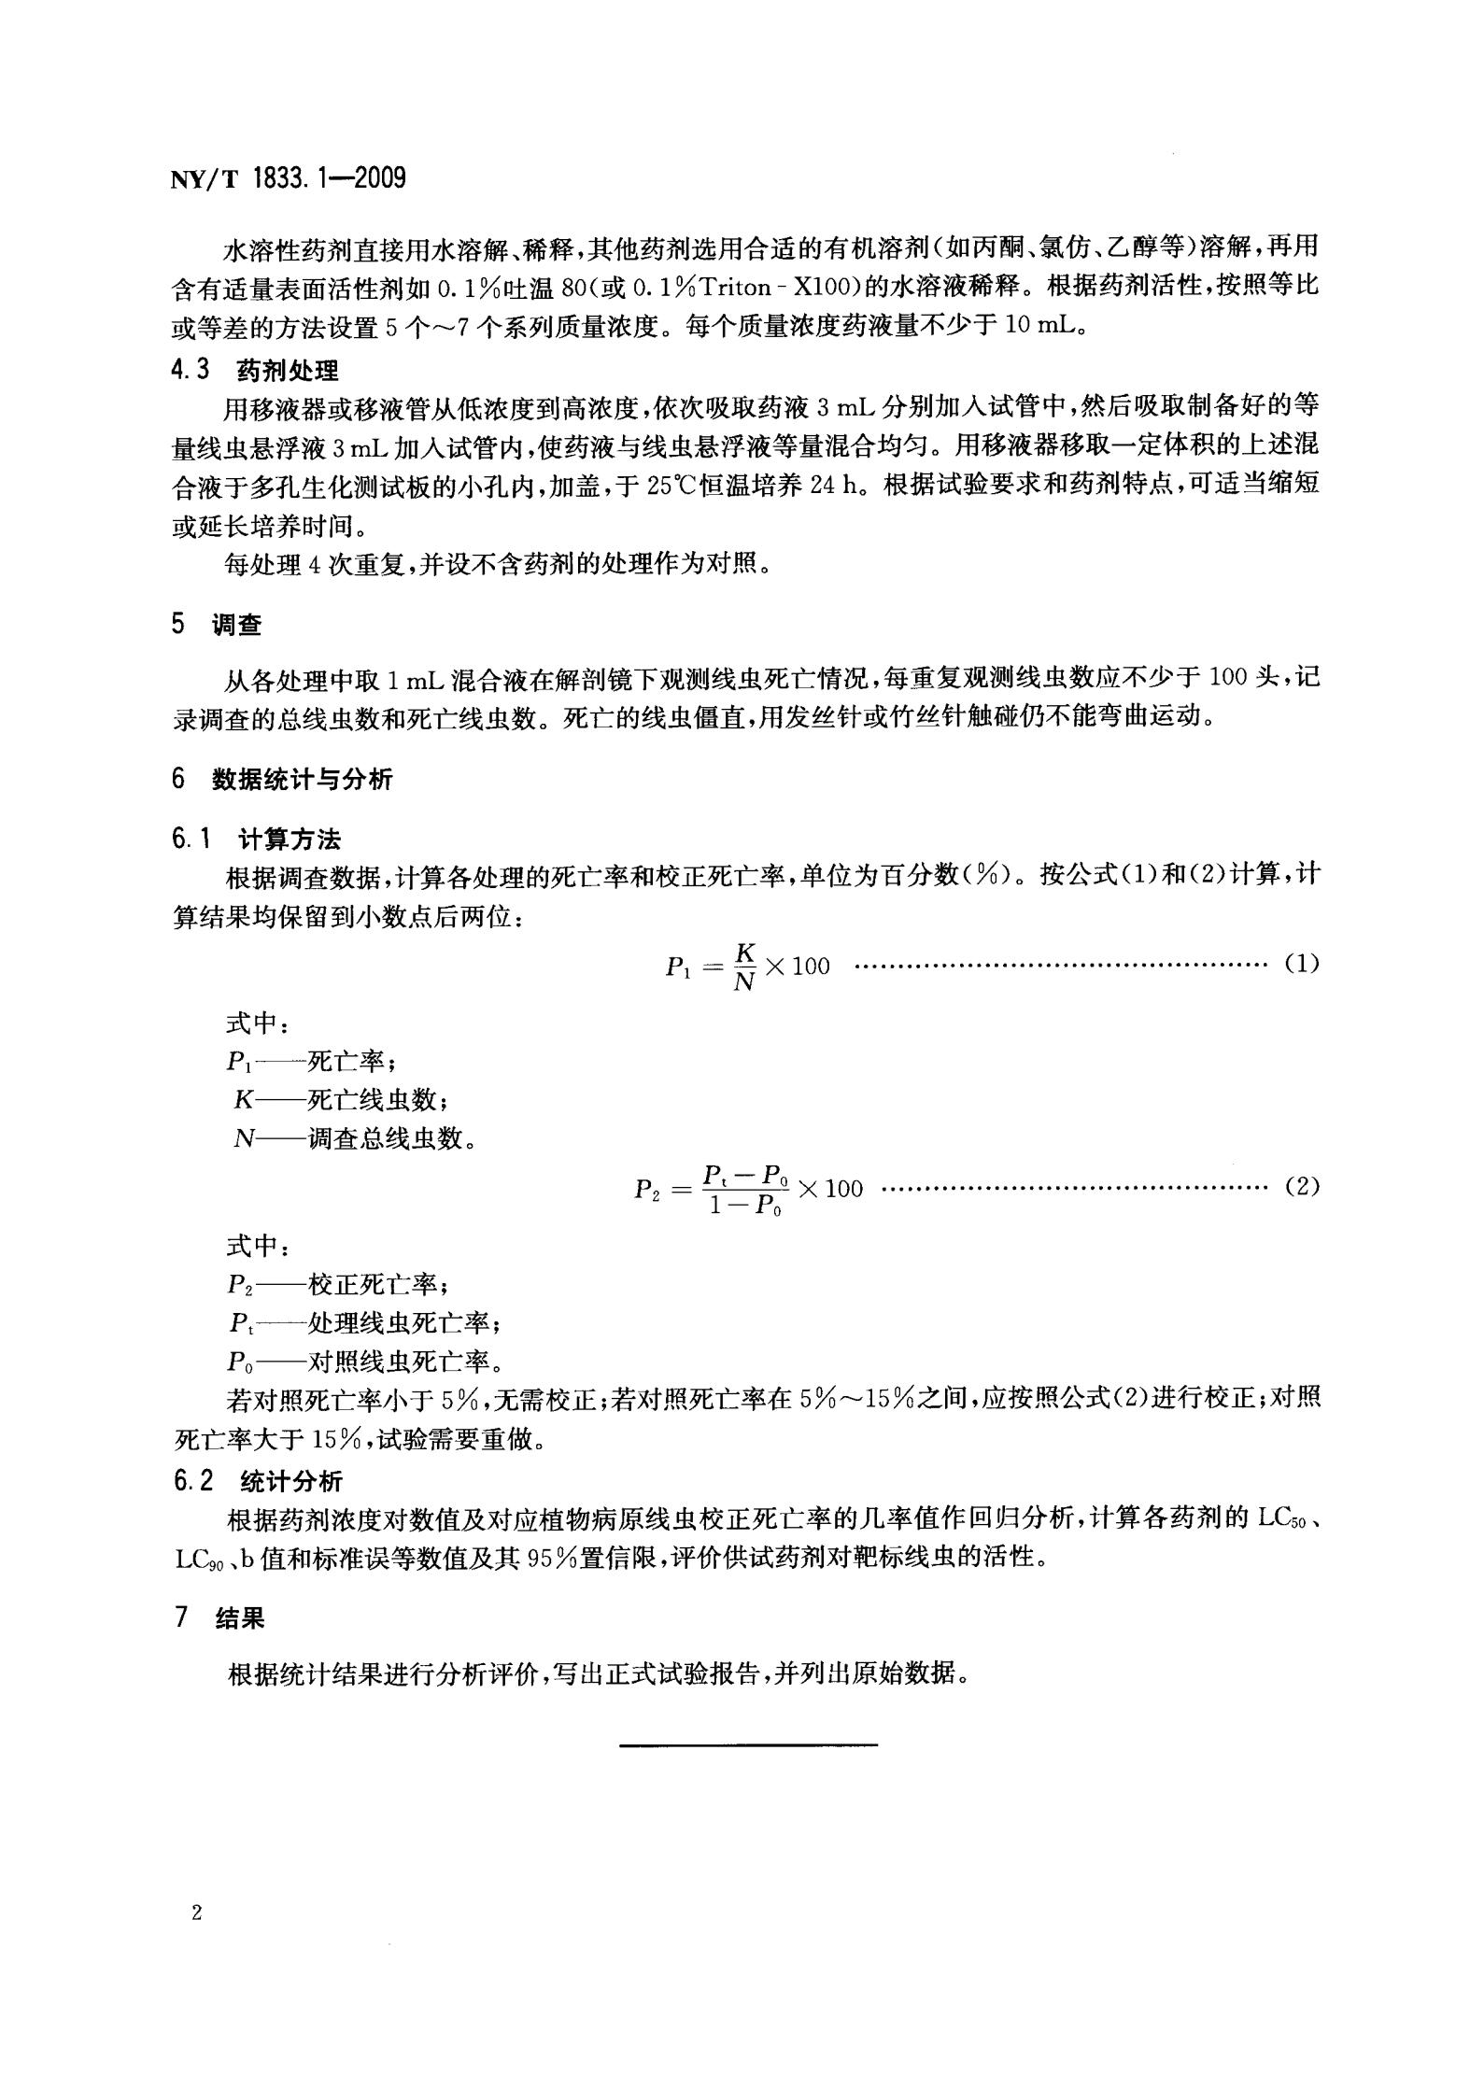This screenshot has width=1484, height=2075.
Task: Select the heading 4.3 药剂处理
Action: point(255,371)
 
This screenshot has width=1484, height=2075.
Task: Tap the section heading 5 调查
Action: point(217,626)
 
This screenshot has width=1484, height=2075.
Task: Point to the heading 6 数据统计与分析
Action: point(282,779)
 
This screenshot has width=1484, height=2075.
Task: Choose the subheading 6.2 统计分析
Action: point(258,1481)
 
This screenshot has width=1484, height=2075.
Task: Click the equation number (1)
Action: point(1301,964)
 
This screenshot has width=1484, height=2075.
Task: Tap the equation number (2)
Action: point(1301,1188)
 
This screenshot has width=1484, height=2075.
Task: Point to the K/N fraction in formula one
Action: point(744,966)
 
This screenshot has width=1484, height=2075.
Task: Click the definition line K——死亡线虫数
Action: point(334,1100)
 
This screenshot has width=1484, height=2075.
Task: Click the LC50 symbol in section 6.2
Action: point(1281,1519)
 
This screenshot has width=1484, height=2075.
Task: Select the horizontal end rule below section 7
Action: point(749,1743)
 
